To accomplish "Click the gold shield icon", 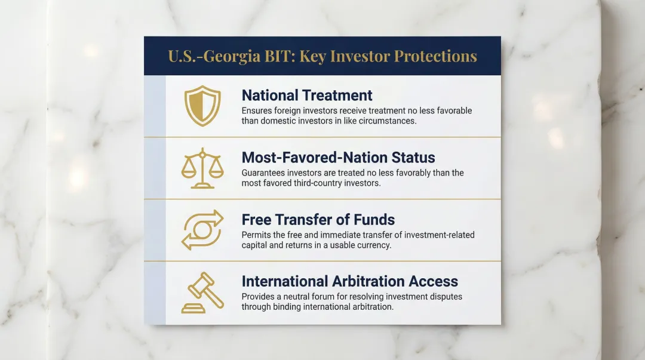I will (x=202, y=105).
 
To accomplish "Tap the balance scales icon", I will (x=202, y=168).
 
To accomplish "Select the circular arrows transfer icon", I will (x=202, y=230).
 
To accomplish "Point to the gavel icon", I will (x=202, y=293).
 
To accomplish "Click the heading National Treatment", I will (x=307, y=96).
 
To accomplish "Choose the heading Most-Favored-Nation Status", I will (x=338, y=158).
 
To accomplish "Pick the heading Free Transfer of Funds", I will (x=318, y=219).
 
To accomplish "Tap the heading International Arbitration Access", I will (x=349, y=281).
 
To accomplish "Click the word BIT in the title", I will (x=281, y=57).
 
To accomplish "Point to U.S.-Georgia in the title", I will (x=215, y=57).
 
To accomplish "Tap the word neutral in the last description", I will (x=301, y=297).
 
